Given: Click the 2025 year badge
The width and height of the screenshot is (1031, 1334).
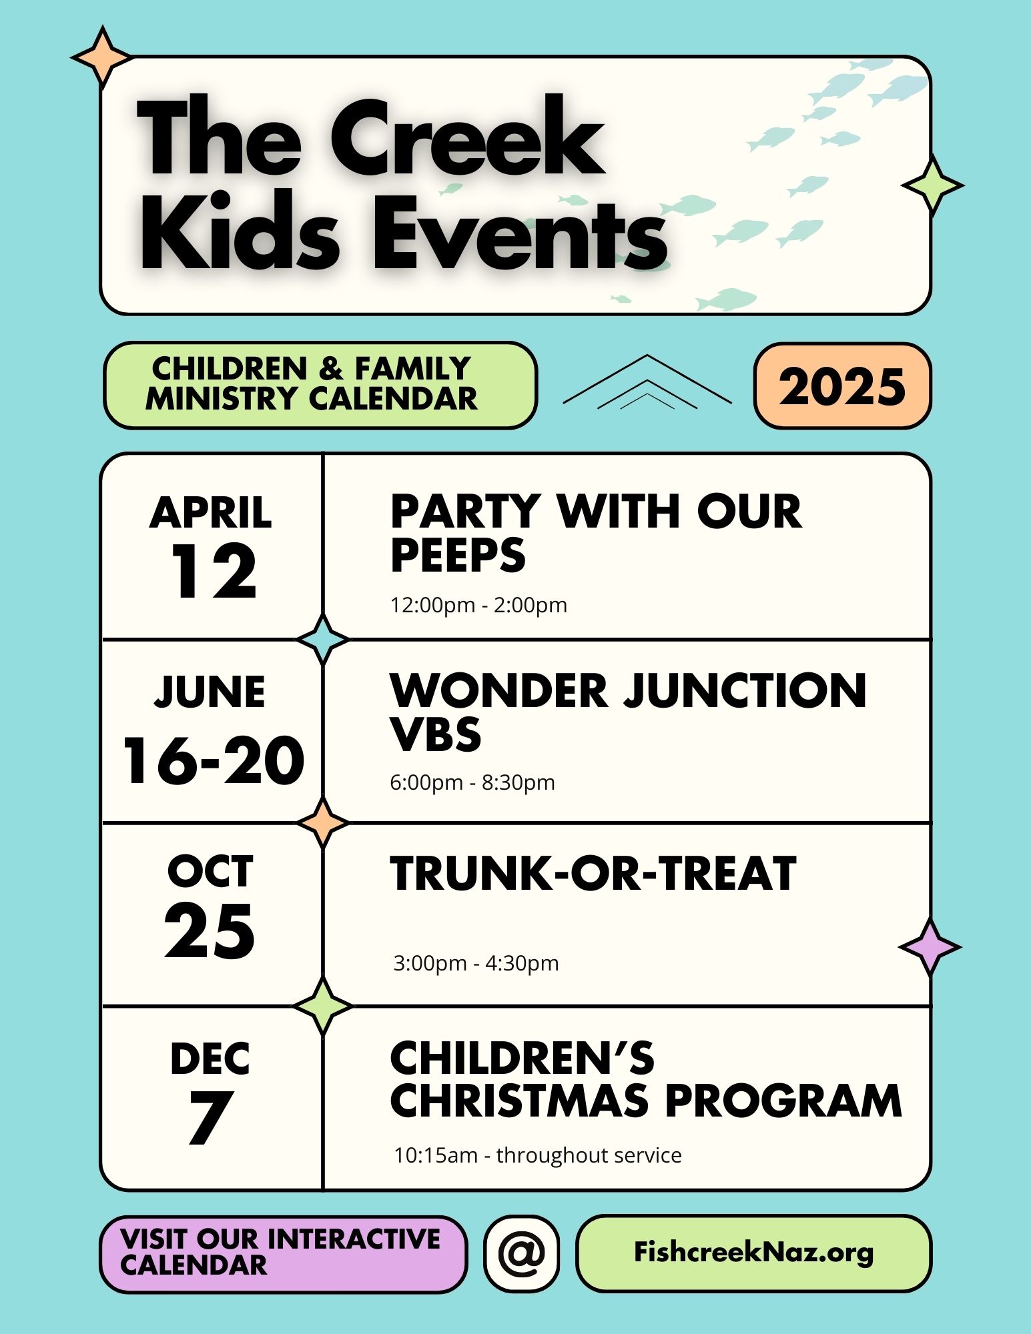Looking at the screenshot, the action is click(842, 386).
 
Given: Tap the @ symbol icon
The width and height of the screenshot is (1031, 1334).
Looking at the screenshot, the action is click(522, 1253).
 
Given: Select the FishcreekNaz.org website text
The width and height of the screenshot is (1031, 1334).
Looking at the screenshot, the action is click(753, 1253).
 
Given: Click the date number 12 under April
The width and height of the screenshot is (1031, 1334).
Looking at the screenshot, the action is click(214, 571).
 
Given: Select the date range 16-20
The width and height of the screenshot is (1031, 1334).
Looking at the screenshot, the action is click(214, 760).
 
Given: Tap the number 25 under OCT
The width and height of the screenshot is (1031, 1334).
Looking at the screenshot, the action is click(210, 931).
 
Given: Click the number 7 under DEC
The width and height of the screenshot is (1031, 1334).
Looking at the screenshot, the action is click(210, 1118).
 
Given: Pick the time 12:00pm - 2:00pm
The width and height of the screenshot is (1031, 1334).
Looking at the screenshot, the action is click(478, 605).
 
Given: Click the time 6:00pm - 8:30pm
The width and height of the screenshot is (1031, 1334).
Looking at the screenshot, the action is click(472, 782).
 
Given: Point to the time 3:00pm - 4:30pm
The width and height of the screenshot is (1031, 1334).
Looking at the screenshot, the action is click(476, 963).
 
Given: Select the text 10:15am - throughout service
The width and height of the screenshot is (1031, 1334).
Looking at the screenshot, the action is click(538, 1155).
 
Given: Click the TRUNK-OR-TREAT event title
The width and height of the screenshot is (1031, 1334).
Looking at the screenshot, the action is click(593, 873).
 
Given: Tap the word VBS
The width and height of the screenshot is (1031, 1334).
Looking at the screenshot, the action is click(436, 734).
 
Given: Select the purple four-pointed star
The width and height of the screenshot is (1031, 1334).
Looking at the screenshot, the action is click(930, 946).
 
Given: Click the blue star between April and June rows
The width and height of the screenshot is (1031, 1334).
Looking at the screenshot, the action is click(323, 639).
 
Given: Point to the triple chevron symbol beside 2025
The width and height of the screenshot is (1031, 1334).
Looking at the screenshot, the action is click(647, 382).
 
